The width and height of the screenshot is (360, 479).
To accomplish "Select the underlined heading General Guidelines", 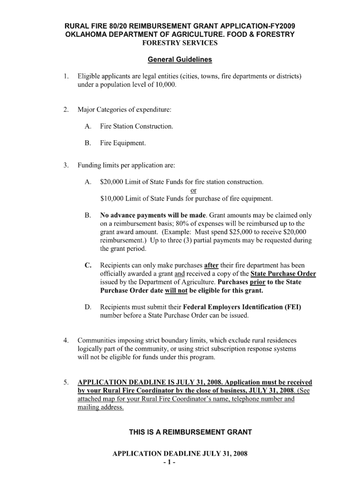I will click(180, 60).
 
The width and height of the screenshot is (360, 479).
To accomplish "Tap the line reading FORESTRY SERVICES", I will click(180, 43).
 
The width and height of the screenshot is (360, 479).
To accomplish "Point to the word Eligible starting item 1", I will click(89, 76).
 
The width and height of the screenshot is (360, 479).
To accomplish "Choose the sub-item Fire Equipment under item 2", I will click(123, 144).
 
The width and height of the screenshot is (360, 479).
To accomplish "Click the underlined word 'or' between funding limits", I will click(194, 190).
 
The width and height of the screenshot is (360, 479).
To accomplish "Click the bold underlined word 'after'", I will click(211, 265).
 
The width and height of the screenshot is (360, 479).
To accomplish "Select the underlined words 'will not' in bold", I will click(176, 290).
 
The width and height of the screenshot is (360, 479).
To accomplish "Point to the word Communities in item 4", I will click(98, 341).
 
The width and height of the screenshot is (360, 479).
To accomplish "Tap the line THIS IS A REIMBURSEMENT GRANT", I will click(190, 432).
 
